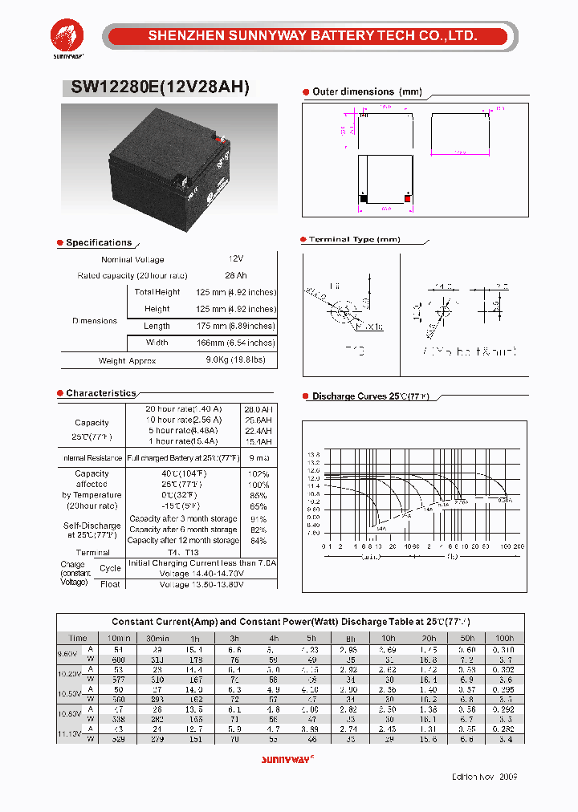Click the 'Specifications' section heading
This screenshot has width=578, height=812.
pyautogui.click(x=99, y=242)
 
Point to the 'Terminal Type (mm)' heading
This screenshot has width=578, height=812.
pyautogui.click(x=354, y=239)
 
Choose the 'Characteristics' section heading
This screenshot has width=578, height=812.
pyautogui.click(x=101, y=393)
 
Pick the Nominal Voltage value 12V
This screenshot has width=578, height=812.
pyautogui.click(x=235, y=259)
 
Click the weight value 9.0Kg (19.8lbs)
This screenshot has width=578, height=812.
pyautogui.click(x=241, y=361)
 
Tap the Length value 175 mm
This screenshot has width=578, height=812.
pyautogui.click(x=235, y=326)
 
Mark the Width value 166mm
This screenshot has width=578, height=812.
pyautogui.click(x=235, y=343)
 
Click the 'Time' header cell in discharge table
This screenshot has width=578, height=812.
pyautogui.click(x=78, y=638)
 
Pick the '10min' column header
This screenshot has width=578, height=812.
pyautogui.click(x=119, y=638)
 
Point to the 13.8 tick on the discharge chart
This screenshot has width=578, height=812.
pyautogui.click(x=313, y=454)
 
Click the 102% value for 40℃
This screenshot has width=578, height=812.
pyautogui.click(x=259, y=474)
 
